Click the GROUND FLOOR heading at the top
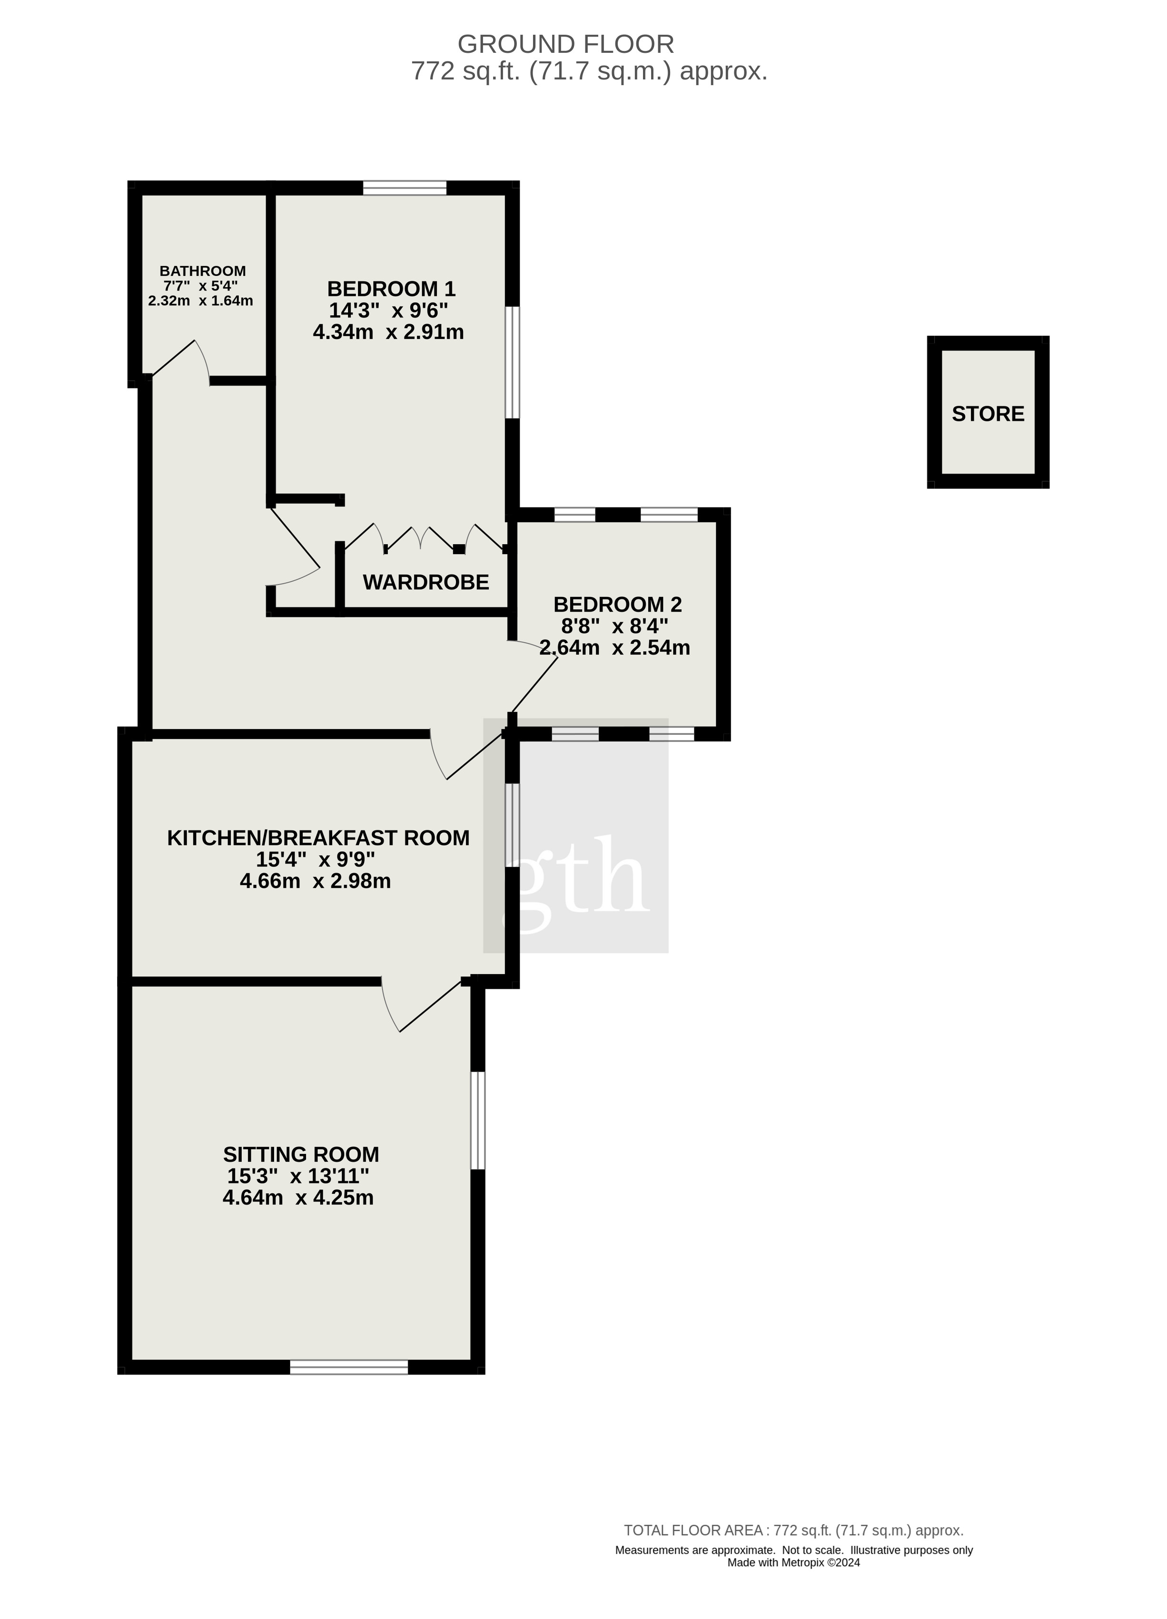565,44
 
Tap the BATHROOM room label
203,271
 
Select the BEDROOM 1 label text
391,289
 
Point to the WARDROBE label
426,583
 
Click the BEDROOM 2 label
618,605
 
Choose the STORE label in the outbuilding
989,414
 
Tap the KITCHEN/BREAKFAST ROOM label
318,838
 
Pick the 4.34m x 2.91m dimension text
388,332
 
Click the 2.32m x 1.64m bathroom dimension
201,301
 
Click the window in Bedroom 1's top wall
405,188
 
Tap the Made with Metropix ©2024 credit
793,1562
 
